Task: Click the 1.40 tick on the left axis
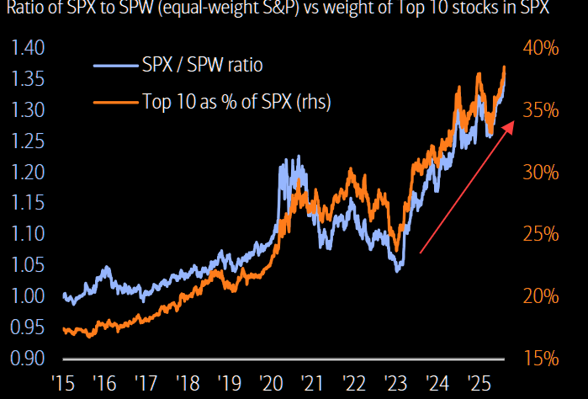(x=28, y=49)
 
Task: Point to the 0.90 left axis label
(x=28, y=359)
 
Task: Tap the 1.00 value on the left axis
(x=28, y=296)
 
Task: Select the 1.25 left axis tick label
(x=28, y=141)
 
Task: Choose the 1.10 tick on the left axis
(x=28, y=234)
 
